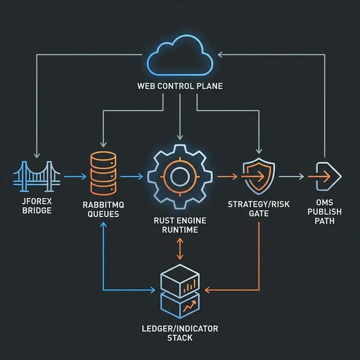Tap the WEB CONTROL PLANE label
(179, 87)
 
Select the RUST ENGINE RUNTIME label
(179, 226)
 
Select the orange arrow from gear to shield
(227, 176)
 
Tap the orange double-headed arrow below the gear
(179, 248)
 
